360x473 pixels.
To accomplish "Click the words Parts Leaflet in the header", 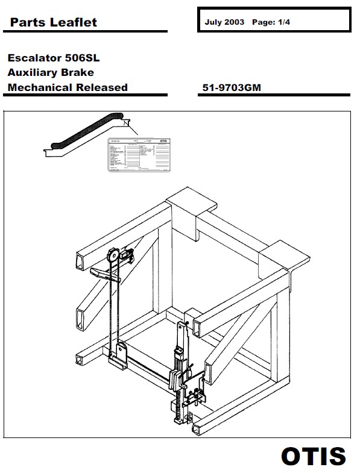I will (x=53, y=22).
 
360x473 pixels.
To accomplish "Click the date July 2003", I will (x=224, y=21).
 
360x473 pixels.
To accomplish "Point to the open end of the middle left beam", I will (x=80, y=315).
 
